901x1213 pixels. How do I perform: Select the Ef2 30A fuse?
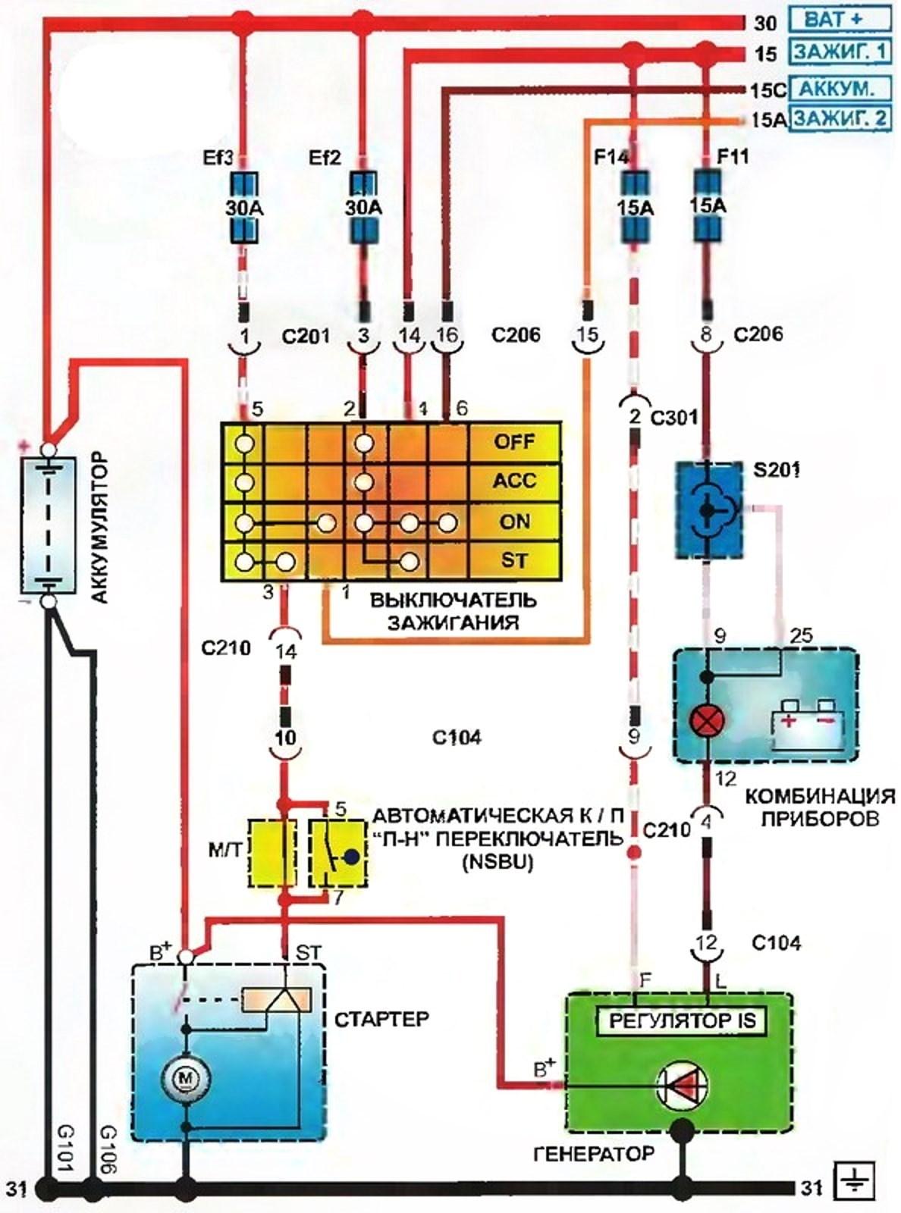point(364,207)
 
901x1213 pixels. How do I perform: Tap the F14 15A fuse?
point(635,207)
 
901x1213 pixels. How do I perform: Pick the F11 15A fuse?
point(708,205)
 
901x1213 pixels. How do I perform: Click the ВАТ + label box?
point(840,18)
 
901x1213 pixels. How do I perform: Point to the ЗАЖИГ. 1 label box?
point(840,52)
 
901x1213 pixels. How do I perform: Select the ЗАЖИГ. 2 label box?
point(840,119)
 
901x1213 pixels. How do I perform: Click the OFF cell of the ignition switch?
point(515,441)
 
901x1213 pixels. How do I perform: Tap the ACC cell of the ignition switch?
point(515,481)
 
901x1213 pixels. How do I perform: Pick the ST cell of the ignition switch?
point(515,561)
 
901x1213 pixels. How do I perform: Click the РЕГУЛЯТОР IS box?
point(682,1020)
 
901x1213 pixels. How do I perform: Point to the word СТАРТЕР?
point(381,1018)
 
